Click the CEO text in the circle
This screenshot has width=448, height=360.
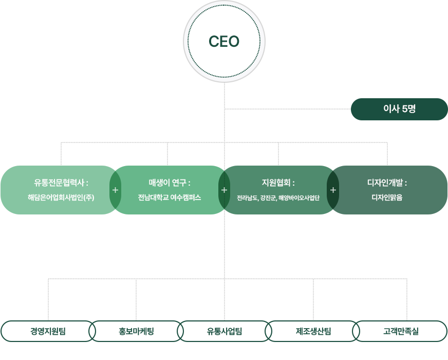pos(224,42)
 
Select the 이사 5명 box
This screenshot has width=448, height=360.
pos(399,109)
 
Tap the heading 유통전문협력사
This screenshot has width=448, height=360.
pos(61,183)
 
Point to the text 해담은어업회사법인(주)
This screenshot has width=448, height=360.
pos(61,197)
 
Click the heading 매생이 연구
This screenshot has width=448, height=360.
pos(170,183)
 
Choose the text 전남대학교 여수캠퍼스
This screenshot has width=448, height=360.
pos(170,197)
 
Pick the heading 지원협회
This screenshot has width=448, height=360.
pos(278,183)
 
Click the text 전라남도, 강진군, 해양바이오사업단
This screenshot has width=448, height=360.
pos(278,197)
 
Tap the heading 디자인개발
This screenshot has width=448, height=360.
pos(387,183)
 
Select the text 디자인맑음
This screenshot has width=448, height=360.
pos(387,197)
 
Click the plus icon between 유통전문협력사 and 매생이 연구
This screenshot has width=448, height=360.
pos(115,190)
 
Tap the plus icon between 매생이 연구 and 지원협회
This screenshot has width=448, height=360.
pos(224,190)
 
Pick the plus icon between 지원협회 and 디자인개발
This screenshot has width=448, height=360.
pos(333,190)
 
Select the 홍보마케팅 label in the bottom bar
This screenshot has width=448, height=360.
pos(136,330)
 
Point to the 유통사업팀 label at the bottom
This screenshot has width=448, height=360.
pos(225,330)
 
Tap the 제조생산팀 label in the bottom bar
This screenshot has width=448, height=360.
pos(313,330)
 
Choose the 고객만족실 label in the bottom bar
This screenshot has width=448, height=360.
pos(401,330)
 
